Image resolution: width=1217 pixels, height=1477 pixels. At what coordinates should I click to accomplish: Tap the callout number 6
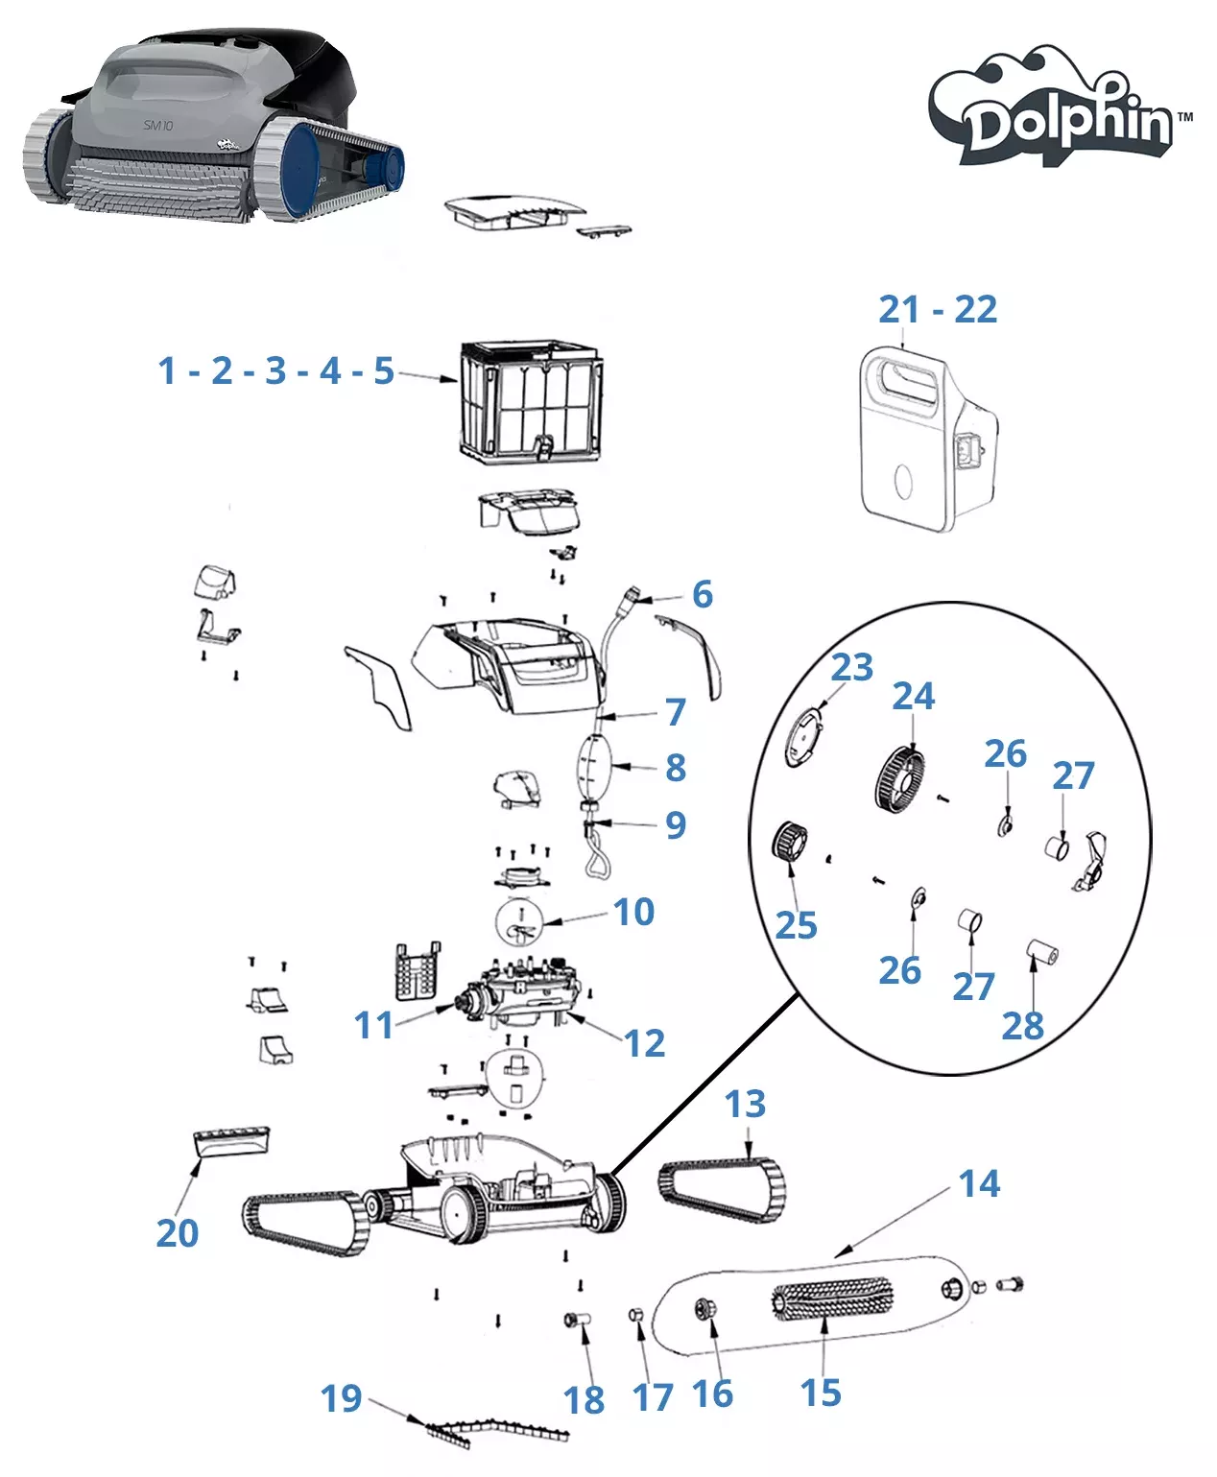tap(703, 595)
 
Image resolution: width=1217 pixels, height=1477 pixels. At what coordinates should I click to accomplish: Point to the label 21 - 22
tap(938, 310)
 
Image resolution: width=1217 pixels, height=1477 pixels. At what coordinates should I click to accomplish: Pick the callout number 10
tap(633, 912)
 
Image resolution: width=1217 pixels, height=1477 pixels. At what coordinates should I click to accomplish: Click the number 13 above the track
tap(745, 1105)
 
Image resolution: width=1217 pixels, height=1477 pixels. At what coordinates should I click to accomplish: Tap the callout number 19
tap(341, 1398)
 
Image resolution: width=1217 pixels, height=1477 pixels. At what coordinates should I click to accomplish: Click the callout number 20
tap(178, 1233)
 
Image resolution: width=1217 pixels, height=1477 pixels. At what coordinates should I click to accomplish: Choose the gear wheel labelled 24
tap(900, 780)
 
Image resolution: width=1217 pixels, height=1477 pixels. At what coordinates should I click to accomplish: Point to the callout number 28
tap(1022, 1026)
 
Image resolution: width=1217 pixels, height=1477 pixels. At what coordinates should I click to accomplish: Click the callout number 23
tap(852, 667)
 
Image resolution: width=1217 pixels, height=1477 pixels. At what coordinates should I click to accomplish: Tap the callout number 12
tap(644, 1043)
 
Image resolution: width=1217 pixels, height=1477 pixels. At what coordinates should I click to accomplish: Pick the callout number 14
tap(979, 1184)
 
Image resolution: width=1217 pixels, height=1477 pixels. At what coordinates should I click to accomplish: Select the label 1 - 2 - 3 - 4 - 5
tap(275, 370)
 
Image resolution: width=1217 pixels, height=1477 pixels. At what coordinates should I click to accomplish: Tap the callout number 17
tap(653, 1397)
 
